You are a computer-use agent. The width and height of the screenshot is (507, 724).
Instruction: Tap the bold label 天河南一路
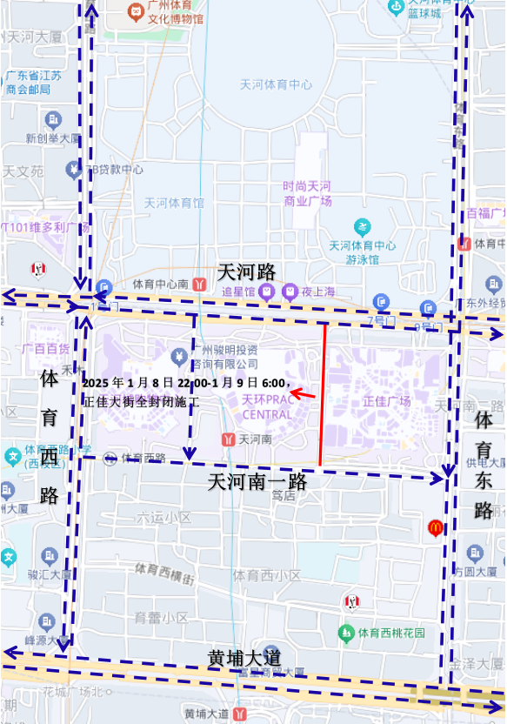(x=257, y=481)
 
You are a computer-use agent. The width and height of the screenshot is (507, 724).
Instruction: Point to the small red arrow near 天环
(x=301, y=394)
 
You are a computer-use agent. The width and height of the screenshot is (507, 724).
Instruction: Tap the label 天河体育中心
(x=276, y=84)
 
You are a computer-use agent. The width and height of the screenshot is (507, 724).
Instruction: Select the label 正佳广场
(x=386, y=402)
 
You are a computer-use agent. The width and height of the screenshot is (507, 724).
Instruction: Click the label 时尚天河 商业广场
(x=307, y=193)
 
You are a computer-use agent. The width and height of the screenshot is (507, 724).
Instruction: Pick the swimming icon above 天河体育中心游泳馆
(x=362, y=227)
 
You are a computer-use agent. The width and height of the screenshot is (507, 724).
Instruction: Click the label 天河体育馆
(x=174, y=203)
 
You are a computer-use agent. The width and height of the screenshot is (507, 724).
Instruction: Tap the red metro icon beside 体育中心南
(x=200, y=284)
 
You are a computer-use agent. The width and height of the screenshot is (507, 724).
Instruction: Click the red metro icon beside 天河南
(x=228, y=439)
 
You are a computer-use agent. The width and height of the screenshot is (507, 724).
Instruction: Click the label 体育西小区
(x=266, y=575)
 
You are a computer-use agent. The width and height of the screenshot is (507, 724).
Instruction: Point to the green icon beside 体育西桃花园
(x=346, y=632)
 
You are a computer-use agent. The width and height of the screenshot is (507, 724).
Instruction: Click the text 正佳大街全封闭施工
(x=141, y=403)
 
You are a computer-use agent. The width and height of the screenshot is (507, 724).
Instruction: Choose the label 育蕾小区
(x=160, y=618)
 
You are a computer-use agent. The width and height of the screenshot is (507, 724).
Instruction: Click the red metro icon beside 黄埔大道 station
(x=241, y=714)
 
